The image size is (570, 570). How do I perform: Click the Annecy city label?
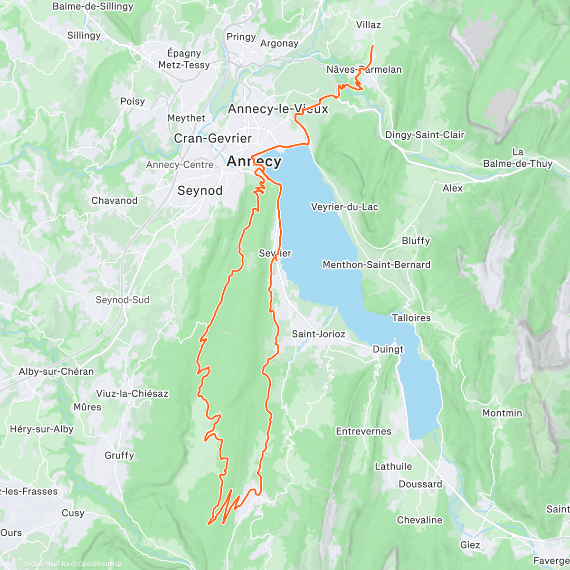click(254, 161)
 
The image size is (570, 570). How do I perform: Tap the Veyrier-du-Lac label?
click(344, 207)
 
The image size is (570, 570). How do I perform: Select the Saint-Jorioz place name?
click(318, 334)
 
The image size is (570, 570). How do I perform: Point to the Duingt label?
click(388, 349)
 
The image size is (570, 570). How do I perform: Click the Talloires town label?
click(411, 318)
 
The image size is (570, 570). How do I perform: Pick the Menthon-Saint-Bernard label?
click(376, 265)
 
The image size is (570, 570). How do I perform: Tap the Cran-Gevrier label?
click(213, 138)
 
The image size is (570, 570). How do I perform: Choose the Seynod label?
click(200, 190)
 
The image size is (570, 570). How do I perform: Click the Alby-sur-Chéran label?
click(56, 371)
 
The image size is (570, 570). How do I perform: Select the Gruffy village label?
click(119, 455)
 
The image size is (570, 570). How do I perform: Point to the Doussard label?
click(420, 484)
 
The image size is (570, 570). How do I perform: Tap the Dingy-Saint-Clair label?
click(424, 135)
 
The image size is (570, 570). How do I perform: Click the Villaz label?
click(368, 25)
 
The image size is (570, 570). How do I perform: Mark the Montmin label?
click(502, 413)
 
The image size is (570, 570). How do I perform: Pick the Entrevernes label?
click(363, 431)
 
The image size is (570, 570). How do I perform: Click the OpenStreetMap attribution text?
click(99, 564)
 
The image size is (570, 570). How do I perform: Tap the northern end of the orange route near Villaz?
click(372, 46)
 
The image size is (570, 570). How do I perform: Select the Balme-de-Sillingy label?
click(93, 6)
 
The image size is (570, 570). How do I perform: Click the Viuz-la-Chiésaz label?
click(132, 393)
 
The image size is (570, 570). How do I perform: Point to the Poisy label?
click(132, 101)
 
